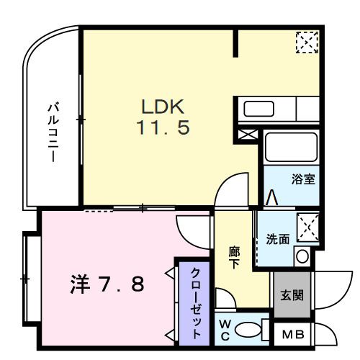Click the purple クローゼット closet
click(x=195, y=300)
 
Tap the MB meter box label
click(x=292, y=333)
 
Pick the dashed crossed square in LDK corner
click(x=306, y=42)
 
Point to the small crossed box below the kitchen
click(x=246, y=134)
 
